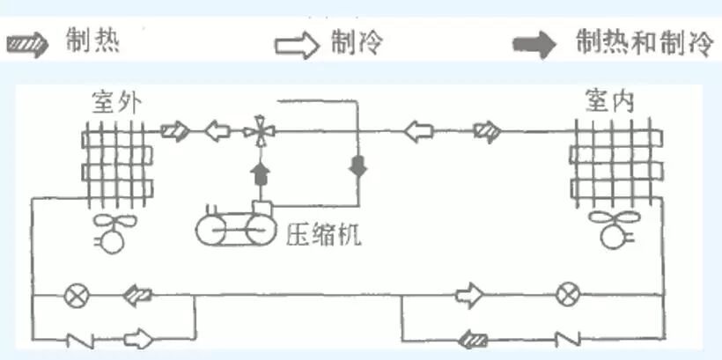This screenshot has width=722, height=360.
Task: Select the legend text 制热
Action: [92, 41]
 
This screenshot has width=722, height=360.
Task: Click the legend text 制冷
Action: [357, 42]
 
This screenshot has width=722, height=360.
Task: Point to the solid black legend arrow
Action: [536, 44]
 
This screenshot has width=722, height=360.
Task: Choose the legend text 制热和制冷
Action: [644, 42]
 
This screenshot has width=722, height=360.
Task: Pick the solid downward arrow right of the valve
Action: [357, 165]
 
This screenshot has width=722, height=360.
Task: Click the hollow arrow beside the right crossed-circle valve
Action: [468, 296]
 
